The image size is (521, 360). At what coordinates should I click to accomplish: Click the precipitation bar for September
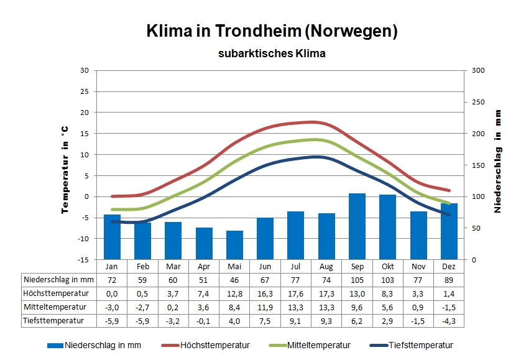(357, 226)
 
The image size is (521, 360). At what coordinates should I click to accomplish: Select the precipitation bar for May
(234, 245)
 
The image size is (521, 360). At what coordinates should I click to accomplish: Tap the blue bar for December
(449, 231)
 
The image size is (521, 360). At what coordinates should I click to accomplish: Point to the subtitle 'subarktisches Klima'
(272, 53)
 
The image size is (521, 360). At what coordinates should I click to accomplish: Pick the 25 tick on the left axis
(84, 91)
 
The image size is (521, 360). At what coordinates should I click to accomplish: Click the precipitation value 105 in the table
(357, 280)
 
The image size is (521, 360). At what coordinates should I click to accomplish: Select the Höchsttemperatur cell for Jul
(296, 293)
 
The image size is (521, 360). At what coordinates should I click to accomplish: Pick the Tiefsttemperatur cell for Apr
(204, 321)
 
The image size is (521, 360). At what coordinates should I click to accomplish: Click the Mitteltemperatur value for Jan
(112, 307)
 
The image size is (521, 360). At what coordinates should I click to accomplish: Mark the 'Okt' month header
(387, 266)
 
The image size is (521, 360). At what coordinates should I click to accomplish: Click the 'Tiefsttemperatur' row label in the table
(54, 321)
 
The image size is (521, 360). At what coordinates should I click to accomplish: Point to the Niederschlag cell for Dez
(449, 280)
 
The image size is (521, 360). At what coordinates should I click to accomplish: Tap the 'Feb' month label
(142, 266)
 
